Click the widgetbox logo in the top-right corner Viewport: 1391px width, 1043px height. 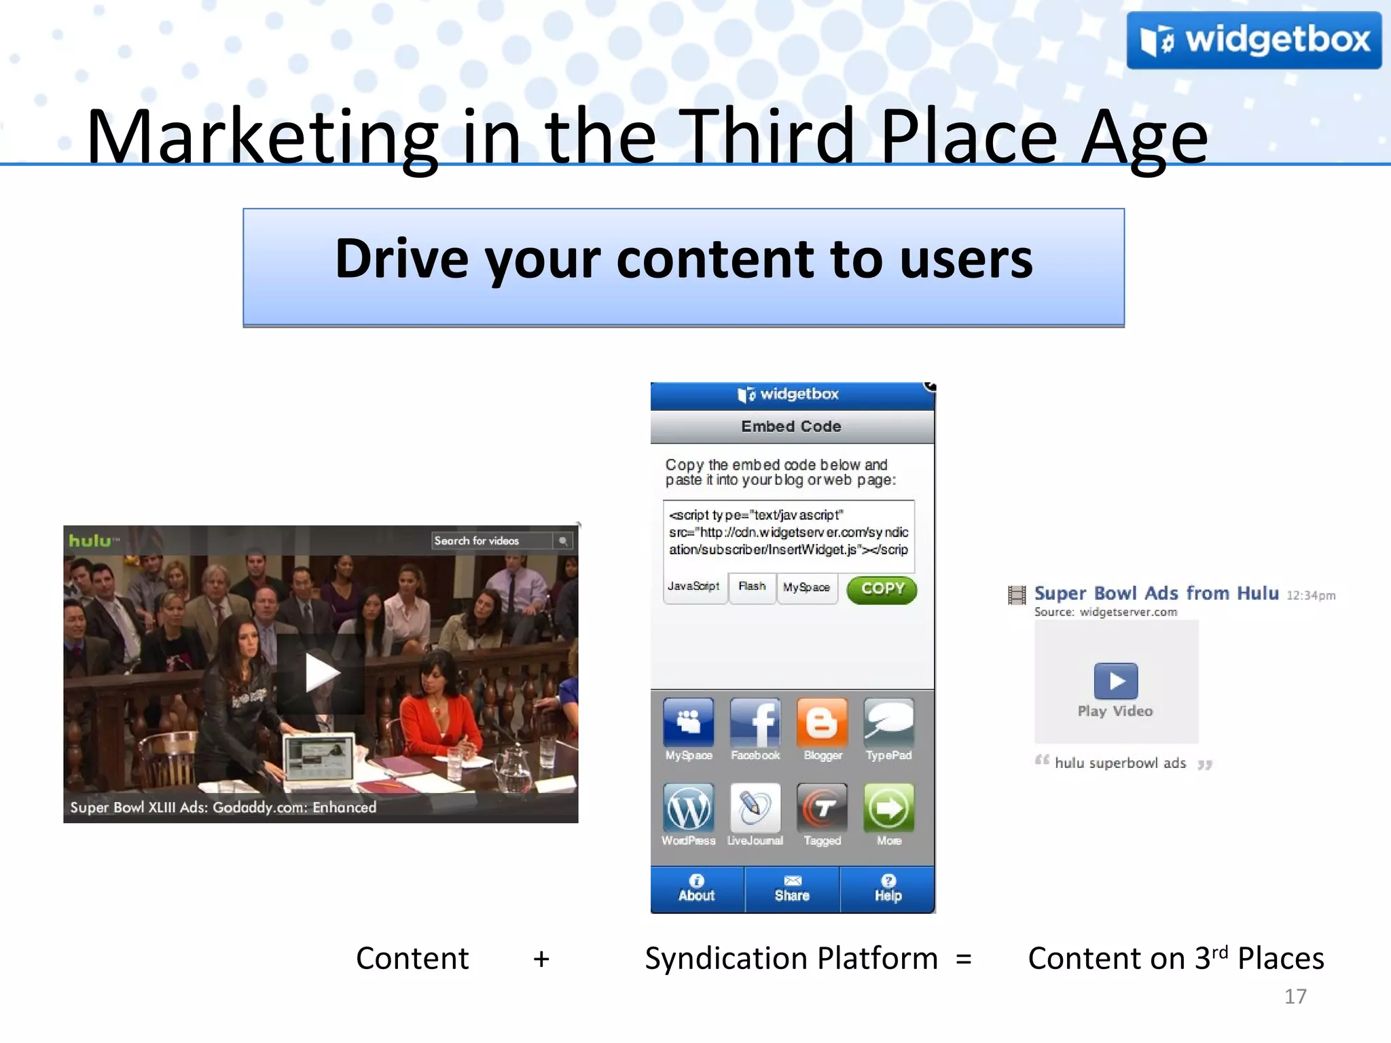pyautogui.click(x=1253, y=40)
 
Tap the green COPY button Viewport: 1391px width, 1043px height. pyautogui.click(x=882, y=589)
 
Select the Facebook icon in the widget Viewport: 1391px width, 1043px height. pyautogui.click(x=755, y=722)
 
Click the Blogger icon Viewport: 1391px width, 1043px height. pyautogui.click(x=822, y=722)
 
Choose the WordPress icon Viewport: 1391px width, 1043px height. pyautogui.click(x=689, y=808)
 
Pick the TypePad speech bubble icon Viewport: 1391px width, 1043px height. pyautogui.click(x=888, y=722)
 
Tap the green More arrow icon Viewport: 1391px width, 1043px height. pyautogui.click(x=888, y=808)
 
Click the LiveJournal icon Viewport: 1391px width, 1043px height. pyautogui.click(x=755, y=808)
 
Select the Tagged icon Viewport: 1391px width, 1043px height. pyautogui.click(x=822, y=808)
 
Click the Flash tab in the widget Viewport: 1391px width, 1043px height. pyautogui.click(x=752, y=587)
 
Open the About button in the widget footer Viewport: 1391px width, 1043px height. pyautogui.click(x=697, y=889)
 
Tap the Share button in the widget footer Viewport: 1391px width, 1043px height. pyautogui.click(x=792, y=889)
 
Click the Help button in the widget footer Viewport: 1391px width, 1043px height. pyautogui.click(x=888, y=889)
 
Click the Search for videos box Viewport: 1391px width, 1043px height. pyautogui.click(x=493, y=541)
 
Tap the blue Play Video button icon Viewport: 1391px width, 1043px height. pyautogui.click(x=1115, y=680)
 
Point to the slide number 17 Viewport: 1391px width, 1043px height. pyautogui.click(x=1295, y=996)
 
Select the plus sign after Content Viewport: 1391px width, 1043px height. pyautogui.click(x=541, y=959)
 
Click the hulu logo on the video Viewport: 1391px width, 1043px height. pyautogui.click(x=90, y=541)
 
